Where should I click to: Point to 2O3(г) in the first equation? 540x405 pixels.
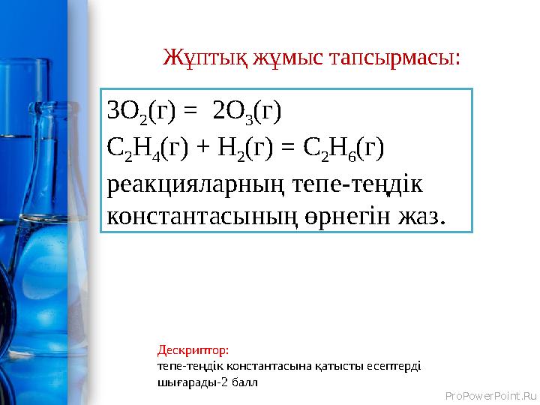click(247, 112)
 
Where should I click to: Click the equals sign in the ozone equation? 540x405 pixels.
click(191, 112)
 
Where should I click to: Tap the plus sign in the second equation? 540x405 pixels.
click(203, 148)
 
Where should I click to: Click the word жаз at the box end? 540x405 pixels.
click(424, 217)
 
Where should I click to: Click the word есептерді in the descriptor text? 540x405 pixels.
click(397, 365)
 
